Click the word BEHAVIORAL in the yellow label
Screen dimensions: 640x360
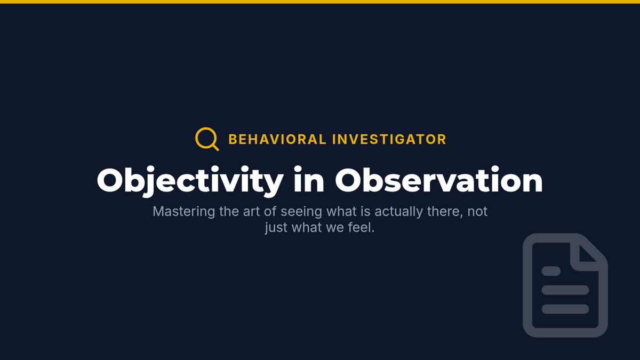click(x=277, y=139)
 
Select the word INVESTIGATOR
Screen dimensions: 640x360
click(x=389, y=139)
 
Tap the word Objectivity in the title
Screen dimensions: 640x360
click(x=190, y=181)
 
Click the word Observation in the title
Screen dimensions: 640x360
click(x=439, y=180)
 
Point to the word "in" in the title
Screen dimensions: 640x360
click(x=309, y=180)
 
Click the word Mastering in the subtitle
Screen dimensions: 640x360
click(x=183, y=212)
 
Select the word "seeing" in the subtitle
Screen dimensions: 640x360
click(x=302, y=212)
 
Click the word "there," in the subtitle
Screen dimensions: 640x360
click(x=445, y=212)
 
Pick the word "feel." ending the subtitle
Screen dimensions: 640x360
click(x=361, y=228)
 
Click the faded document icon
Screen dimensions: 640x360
click(x=527, y=285)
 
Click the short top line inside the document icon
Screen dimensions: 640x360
click(x=551, y=271)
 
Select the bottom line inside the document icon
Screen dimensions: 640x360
click(x=565, y=309)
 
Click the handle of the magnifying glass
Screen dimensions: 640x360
click(x=215, y=147)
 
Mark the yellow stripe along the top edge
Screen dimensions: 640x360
click(x=320, y=2)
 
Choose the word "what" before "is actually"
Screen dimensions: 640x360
click(x=338, y=212)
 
